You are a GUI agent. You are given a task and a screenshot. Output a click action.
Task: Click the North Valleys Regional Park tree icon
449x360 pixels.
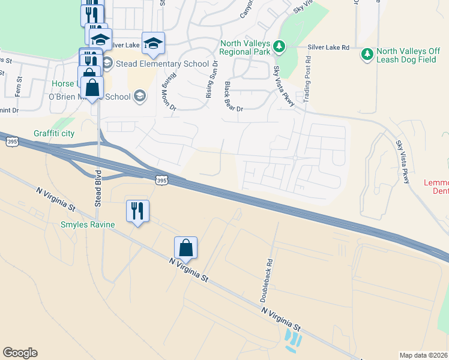279,46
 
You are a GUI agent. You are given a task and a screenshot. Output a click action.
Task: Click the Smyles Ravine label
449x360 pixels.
87,225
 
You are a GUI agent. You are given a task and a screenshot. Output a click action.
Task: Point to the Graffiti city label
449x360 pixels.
54,133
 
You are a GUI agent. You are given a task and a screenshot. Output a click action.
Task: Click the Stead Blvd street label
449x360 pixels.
97,188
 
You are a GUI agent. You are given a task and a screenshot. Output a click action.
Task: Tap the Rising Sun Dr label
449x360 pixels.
211,79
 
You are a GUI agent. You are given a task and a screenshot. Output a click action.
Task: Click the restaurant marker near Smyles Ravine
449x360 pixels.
137,211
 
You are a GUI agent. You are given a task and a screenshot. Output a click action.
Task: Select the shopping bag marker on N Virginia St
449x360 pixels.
186,247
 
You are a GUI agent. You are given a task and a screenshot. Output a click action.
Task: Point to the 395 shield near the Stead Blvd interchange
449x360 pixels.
160,179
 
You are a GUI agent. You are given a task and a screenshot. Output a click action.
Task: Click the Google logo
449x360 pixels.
20,353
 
